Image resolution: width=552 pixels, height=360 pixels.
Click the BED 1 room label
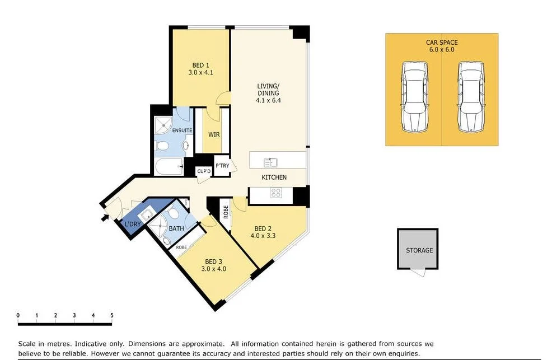[201, 66]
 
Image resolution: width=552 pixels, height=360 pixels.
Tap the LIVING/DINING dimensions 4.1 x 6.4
[268, 101]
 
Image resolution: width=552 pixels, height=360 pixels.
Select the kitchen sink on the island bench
[271, 162]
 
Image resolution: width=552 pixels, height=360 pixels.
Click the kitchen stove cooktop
[275, 193]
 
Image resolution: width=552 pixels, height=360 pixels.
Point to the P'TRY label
[222, 166]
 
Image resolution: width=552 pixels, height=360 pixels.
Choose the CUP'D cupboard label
[203, 172]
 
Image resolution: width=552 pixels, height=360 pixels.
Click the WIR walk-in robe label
[213, 135]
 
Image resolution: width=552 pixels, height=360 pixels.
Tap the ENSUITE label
[182, 130]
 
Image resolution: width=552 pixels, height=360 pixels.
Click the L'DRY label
[133, 225]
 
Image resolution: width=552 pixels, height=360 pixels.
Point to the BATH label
[176, 228]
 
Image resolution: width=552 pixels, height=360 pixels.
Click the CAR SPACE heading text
[442, 42]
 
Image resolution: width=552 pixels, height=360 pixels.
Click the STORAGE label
[419, 250]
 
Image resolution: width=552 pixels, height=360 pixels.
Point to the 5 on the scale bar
[112, 316]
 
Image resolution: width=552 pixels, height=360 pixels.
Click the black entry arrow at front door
[104, 217]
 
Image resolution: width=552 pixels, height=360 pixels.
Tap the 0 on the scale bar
[18, 316]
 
